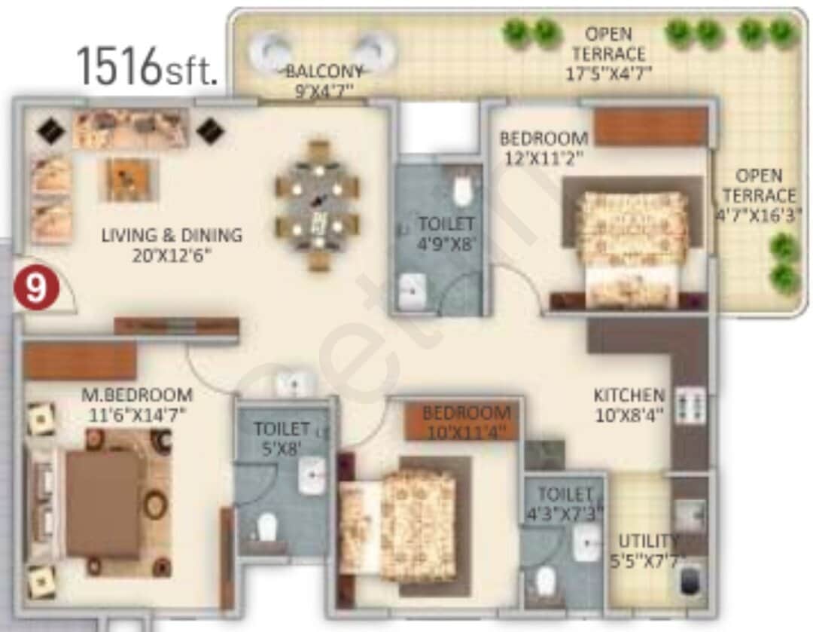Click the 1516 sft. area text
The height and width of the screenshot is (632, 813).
(x=147, y=66)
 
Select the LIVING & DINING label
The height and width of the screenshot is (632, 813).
(x=172, y=245)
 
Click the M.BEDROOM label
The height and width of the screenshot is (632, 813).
(x=137, y=404)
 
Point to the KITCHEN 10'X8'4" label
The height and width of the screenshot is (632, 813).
(x=629, y=405)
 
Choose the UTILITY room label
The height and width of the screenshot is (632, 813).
(x=647, y=550)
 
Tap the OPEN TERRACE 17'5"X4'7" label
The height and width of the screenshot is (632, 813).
(x=608, y=53)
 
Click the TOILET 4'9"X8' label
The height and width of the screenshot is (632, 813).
(x=446, y=233)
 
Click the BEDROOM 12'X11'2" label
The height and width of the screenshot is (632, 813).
(x=544, y=148)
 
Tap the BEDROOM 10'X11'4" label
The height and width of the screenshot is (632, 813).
(x=466, y=422)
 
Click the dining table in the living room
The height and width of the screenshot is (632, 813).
(x=317, y=205)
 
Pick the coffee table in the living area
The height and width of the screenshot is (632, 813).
(x=131, y=179)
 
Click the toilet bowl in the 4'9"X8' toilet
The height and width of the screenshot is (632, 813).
(x=462, y=190)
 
